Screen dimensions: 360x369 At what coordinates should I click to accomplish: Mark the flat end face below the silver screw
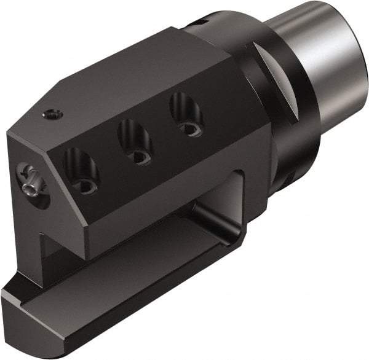tap(25, 227)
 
